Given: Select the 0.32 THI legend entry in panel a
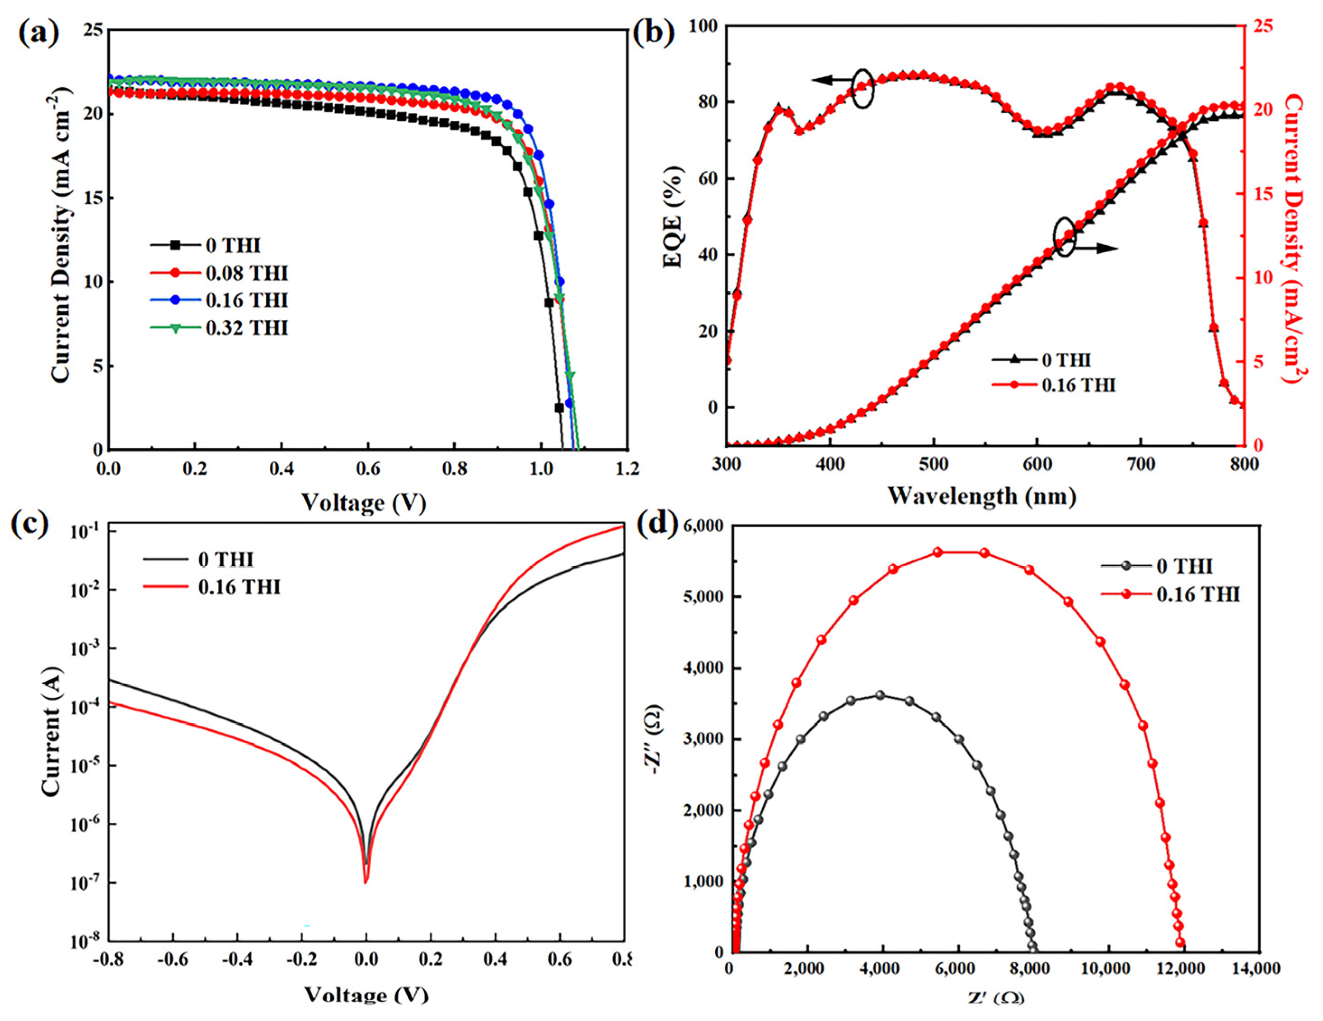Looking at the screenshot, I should point(219,328).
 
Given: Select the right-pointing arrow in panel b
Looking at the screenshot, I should point(1097,248).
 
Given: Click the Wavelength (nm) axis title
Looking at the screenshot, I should point(982,496).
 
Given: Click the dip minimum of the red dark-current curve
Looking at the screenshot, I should point(365,882).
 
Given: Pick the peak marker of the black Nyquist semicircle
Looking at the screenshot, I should point(880,695).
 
